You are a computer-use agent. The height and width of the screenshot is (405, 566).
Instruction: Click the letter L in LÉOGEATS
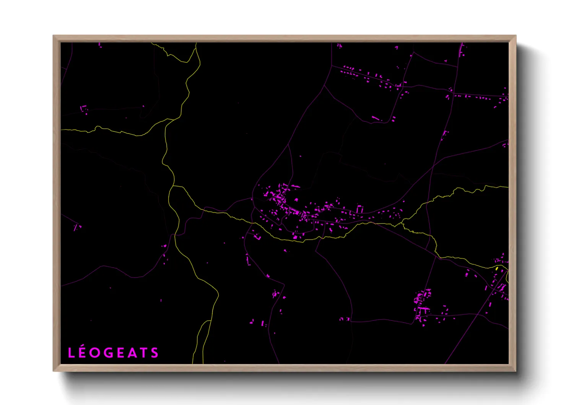click(71, 353)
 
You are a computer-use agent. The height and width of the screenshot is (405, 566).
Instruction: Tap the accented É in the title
click(82, 353)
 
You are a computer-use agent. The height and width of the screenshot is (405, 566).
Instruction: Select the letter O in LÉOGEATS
click(95, 353)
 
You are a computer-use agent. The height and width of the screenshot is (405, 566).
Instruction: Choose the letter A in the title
click(132, 353)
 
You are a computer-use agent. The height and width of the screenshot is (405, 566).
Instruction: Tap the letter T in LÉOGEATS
click(144, 353)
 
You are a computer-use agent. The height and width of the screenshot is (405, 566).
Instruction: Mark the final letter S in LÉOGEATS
click(155, 353)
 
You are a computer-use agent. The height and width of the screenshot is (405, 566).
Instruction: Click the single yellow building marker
click(497, 269)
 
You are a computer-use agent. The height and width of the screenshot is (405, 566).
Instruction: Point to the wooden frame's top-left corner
click(54, 36)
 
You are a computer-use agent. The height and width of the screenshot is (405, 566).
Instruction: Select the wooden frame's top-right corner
click(516, 36)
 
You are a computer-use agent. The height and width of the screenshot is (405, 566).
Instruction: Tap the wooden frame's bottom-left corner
click(54, 371)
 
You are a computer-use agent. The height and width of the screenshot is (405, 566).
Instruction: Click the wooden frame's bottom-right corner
click(516, 371)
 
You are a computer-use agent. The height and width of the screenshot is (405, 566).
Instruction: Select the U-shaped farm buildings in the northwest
click(84, 109)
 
